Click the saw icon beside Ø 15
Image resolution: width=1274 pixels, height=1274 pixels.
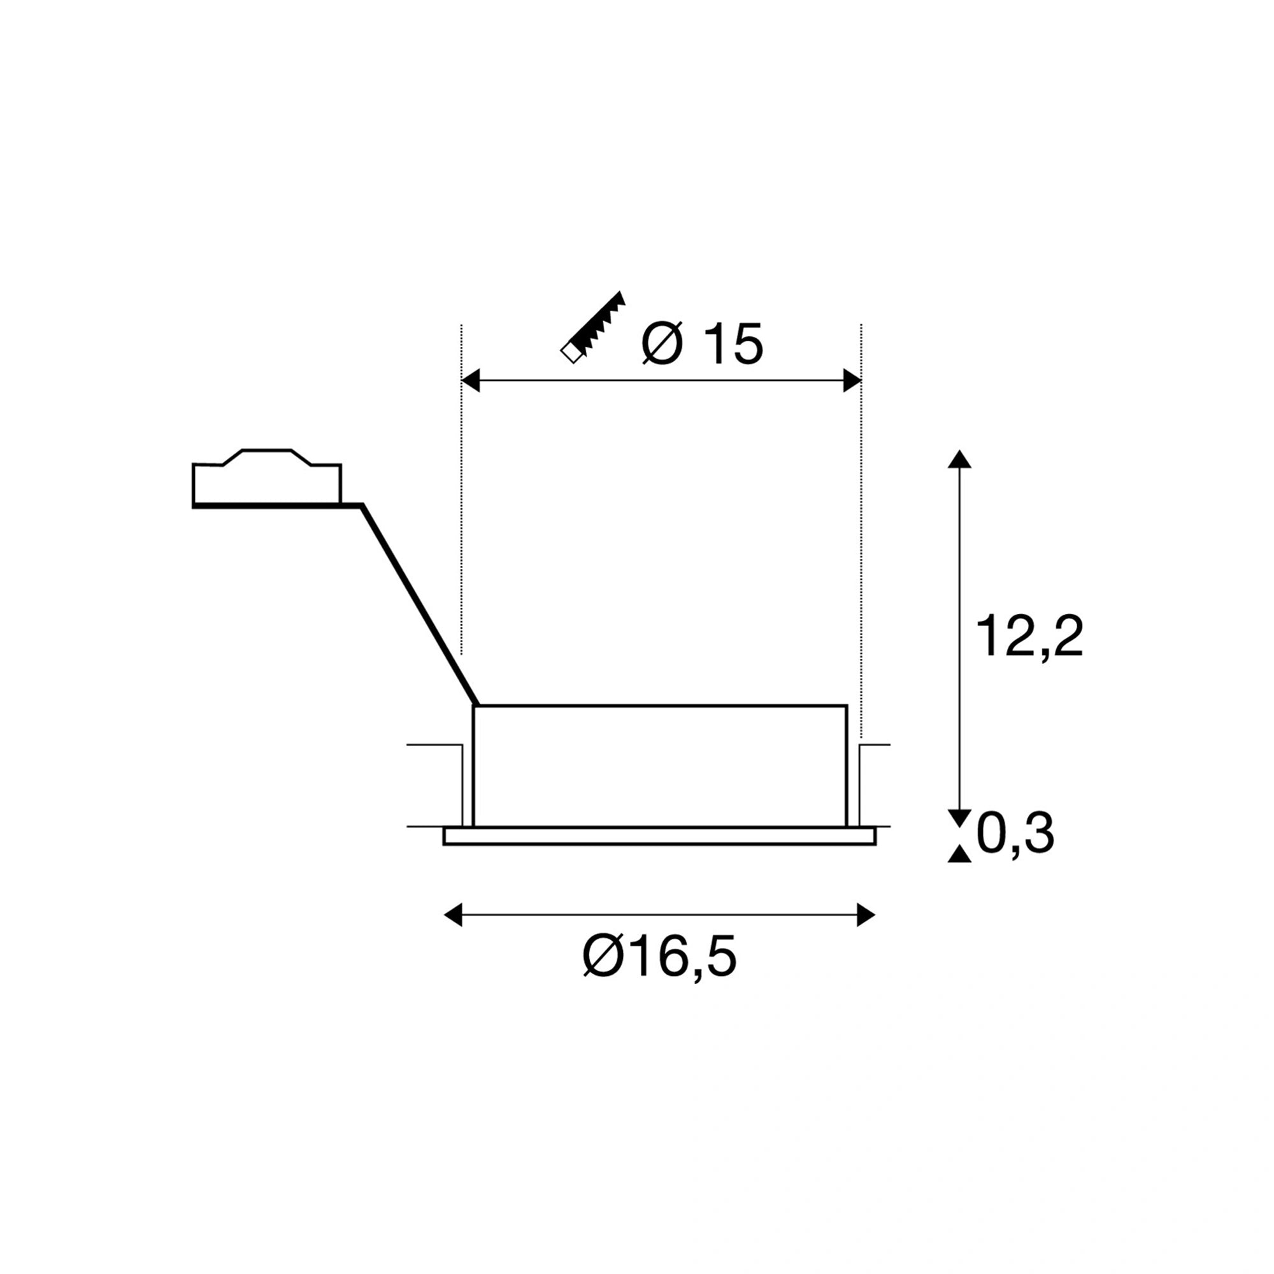pos(592,327)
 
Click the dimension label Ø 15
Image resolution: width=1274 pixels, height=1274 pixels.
pos(702,343)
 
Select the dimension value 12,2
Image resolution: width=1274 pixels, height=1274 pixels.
pos(1030,636)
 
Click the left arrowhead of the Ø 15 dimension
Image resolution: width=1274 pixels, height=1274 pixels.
pos(470,381)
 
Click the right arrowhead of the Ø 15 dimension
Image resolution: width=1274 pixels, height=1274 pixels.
pos(852,381)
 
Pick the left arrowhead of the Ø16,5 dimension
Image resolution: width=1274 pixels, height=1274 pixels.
pos(453,915)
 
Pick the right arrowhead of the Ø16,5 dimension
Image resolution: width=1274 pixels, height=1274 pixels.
pos(866,915)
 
